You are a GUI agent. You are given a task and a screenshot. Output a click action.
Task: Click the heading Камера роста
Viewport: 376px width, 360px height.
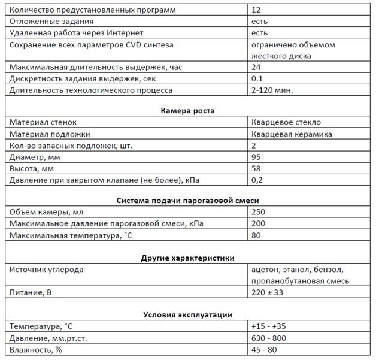188,110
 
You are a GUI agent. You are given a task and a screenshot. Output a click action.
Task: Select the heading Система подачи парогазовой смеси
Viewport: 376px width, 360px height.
188,201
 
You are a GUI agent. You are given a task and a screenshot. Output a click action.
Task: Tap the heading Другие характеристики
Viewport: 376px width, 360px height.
188,258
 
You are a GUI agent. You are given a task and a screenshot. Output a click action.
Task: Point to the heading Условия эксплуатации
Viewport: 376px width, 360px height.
188,314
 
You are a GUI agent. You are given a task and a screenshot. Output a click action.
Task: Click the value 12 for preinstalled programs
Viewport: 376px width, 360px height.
257,10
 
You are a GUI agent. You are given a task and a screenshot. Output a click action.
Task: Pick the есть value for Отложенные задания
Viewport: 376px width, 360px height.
260,21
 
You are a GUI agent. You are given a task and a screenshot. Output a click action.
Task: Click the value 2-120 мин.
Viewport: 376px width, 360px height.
274,90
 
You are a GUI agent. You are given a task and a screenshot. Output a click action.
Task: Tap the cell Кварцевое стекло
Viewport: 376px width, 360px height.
286,122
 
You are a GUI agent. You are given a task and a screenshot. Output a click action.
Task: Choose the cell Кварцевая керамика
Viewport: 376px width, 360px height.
292,134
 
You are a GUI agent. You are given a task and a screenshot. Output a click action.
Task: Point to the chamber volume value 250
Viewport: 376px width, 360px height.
259,212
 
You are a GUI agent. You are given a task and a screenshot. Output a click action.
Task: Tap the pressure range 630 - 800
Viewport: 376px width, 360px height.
272,338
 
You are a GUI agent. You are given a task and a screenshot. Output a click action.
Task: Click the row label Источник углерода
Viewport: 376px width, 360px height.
47,270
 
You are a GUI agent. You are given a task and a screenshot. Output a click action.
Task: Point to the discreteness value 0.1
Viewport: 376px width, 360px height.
257,79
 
